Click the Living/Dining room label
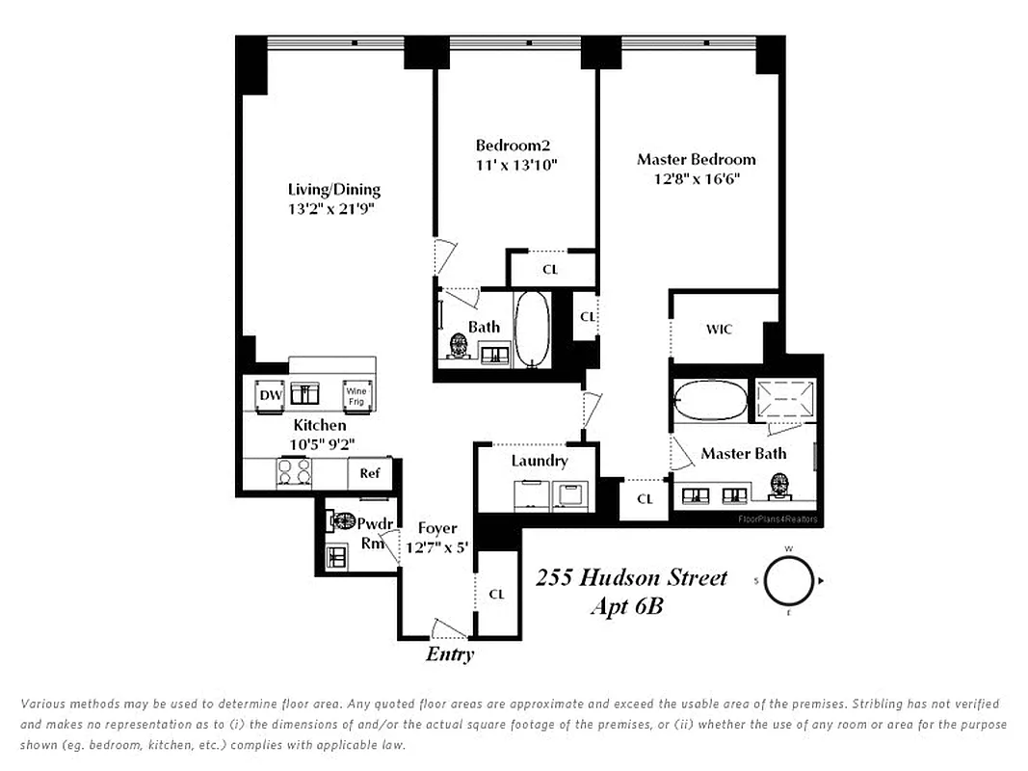click(334, 190)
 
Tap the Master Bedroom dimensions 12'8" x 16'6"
click(688, 179)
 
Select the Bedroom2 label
click(513, 146)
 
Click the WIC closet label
click(719, 330)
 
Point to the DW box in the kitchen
click(271, 395)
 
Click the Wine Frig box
click(356, 395)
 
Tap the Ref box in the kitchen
click(370, 473)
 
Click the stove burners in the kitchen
click(295, 472)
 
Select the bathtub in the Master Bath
click(709, 401)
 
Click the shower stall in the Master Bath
click(785, 401)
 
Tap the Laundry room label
click(540, 461)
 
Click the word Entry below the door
click(450, 655)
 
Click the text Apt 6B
click(627, 607)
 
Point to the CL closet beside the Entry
click(497, 595)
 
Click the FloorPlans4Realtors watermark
click(777, 518)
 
